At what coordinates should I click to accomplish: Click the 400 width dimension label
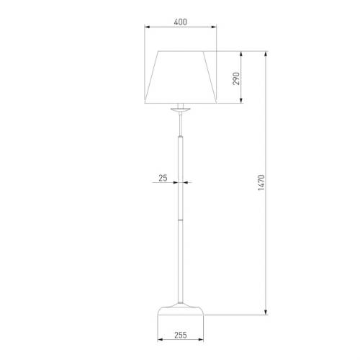click(181, 22)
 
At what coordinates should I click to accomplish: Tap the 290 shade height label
click(236, 78)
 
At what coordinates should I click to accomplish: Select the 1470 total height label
click(261, 183)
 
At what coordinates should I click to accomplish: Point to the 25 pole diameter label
click(163, 178)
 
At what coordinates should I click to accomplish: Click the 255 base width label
click(181, 335)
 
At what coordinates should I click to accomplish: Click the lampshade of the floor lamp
click(181, 77)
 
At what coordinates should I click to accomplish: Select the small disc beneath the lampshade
click(181, 110)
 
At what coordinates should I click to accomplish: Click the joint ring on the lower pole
click(181, 220)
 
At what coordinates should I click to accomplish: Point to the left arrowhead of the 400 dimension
click(147, 27)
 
